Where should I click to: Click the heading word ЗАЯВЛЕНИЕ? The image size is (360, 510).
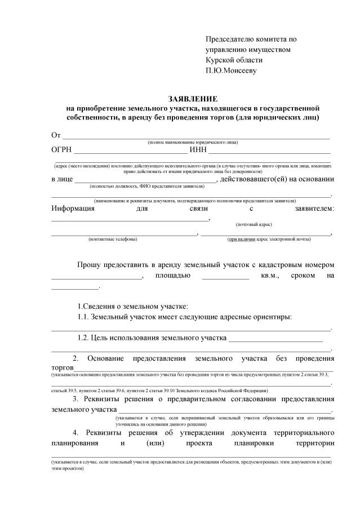tap(192, 98)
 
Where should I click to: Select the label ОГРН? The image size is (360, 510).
tap(60, 150)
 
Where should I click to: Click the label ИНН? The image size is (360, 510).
tap(198, 150)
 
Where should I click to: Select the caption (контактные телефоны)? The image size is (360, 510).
tap(113, 239)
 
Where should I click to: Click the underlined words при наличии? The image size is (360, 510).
tap(241, 239)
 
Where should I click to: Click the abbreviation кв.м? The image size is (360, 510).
tap(270, 276)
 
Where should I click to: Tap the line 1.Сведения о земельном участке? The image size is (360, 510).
tap(132, 306)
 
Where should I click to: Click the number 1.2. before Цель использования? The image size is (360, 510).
tap(86, 338)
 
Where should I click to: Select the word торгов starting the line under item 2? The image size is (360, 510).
tap(62, 368)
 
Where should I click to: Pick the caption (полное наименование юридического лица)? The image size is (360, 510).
tap(192, 142)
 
